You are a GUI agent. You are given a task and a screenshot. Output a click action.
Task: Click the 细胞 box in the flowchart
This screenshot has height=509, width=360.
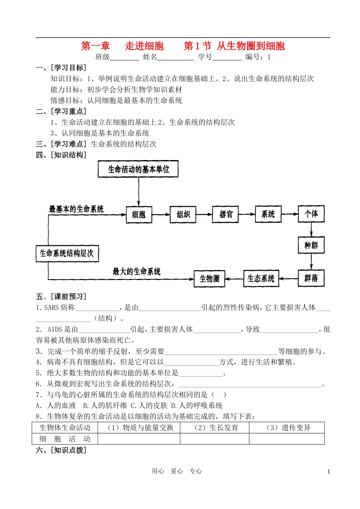pyautogui.click(x=139, y=215)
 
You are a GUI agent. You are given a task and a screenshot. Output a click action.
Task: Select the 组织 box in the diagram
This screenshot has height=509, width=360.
pyautogui.click(x=183, y=215)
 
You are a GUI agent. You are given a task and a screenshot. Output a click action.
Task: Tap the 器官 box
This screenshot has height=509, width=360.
pyautogui.click(x=226, y=215)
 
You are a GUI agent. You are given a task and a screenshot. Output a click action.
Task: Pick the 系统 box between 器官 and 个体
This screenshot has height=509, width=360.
pyautogui.click(x=268, y=214)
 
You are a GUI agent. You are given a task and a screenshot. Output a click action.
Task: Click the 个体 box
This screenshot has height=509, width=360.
pyautogui.click(x=311, y=214)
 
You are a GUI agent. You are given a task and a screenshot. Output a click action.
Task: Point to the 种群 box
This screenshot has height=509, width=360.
pyautogui.click(x=311, y=245)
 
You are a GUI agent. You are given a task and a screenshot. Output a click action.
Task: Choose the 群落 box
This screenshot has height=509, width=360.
pyautogui.click(x=311, y=278)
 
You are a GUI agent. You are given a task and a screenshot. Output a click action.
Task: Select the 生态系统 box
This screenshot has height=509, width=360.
pyautogui.click(x=261, y=279)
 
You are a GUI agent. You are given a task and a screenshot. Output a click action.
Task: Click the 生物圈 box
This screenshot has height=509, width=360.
pyautogui.click(x=210, y=279)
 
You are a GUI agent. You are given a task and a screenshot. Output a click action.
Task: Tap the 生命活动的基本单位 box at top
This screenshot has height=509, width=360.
pyautogui.click(x=138, y=169)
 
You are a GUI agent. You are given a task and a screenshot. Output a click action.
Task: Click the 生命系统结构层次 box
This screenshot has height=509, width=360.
pyautogui.click(x=67, y=253)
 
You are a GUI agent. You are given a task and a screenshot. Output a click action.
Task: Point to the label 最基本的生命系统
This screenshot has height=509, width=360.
pyautogui.click(x=76, y=209)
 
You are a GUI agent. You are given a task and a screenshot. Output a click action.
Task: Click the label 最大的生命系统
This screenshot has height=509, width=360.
pyautogui.click(x=136, y=272)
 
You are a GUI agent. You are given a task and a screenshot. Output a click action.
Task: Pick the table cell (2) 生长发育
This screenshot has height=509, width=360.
pyautogui.click(x=214, y=428)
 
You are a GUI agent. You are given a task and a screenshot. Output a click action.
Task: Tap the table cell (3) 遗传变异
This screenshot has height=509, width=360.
pyautogui.click(x=287, y=428)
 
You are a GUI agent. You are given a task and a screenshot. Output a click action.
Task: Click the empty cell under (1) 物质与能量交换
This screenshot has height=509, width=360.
pyautogui.click(x=139, y=439)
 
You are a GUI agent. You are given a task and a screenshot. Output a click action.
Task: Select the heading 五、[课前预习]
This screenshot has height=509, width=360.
pyautogui.click(x=61, y=297)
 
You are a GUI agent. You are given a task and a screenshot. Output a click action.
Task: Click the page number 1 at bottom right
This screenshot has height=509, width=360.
pyautogui.click(x=329, y=472)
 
